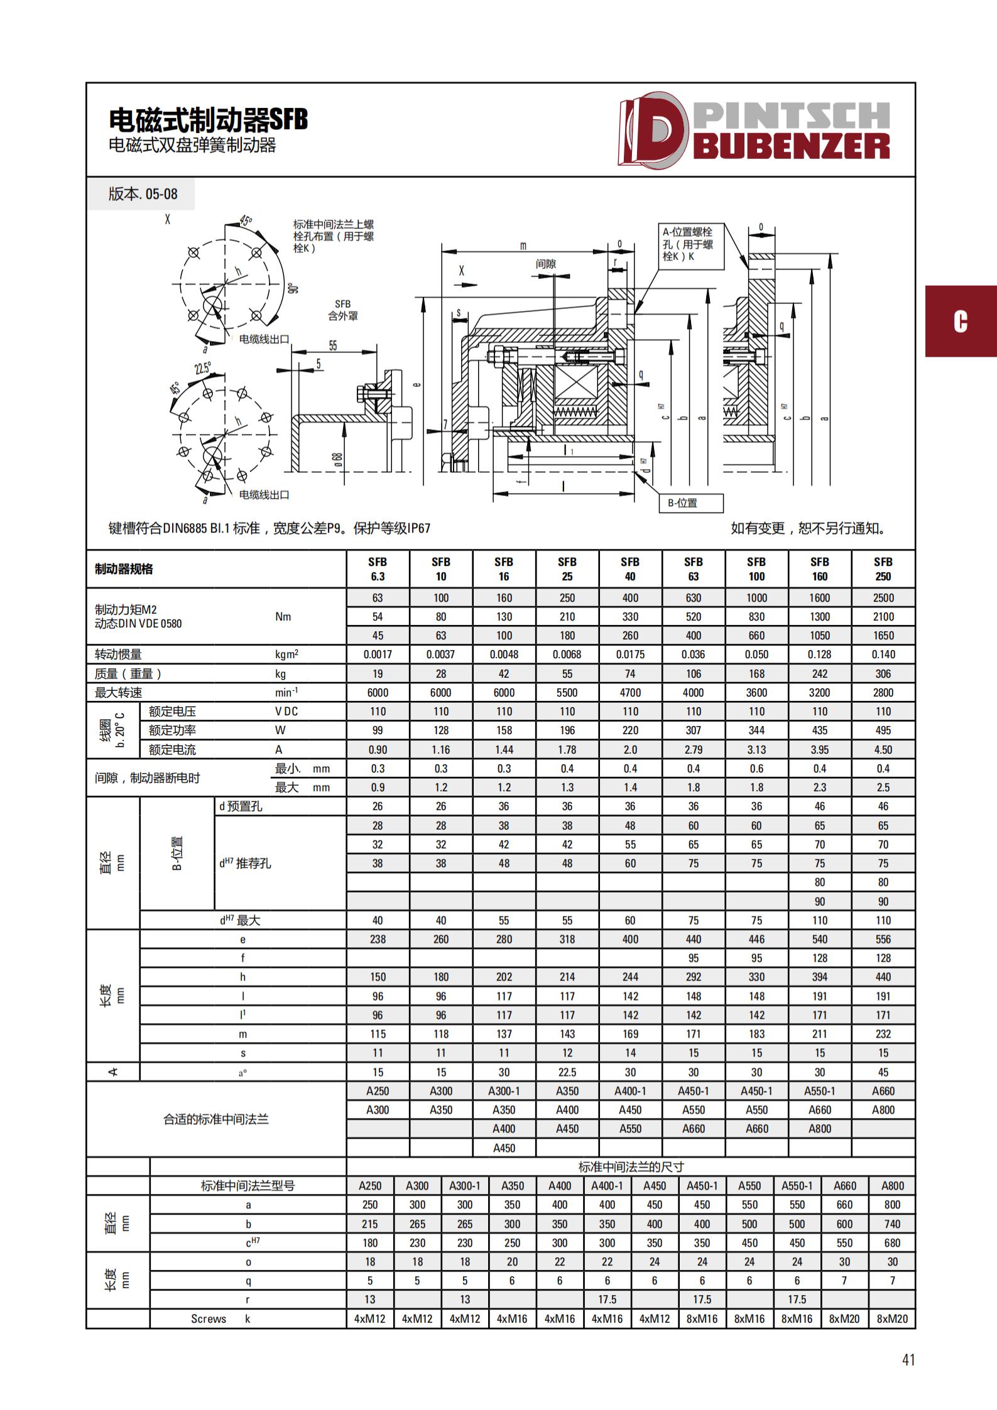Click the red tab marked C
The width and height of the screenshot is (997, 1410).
tap(961, 322)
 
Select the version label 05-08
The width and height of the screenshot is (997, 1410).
tap(143, 194)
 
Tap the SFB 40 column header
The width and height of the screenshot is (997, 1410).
tap(630, 569)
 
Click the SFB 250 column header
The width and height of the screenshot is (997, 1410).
tap(883, 569)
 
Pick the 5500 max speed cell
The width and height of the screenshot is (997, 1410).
tap(567, 693)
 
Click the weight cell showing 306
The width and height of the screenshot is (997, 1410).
tap(883, 674)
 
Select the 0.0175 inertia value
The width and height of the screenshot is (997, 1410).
tap(630, 654)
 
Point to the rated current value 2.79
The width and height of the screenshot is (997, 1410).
tap(693, 749)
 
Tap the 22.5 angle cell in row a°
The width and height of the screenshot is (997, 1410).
tap(567, 1072)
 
